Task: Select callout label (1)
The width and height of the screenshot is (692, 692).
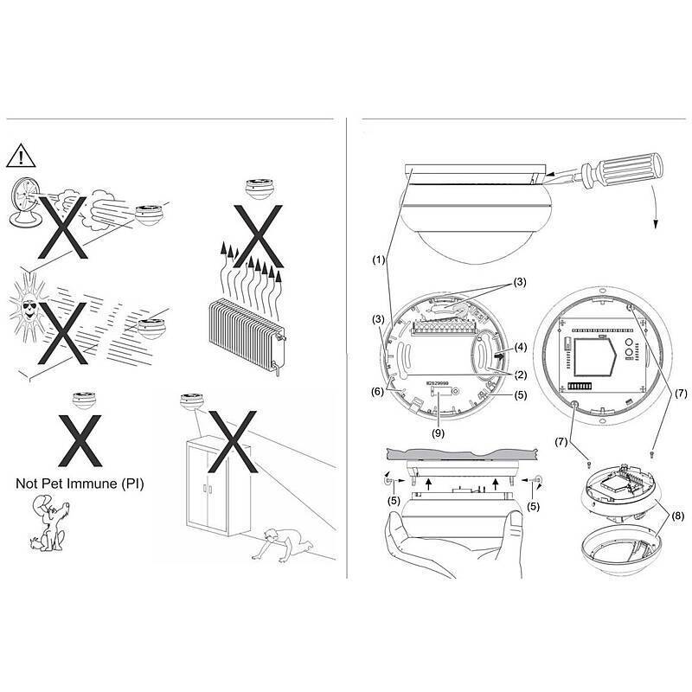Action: [x=378, y=259]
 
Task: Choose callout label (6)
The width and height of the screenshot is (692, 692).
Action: [x=378, y=391]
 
